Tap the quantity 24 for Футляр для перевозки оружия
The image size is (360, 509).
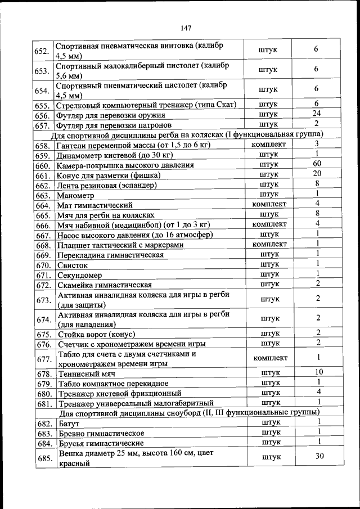click(317, 114)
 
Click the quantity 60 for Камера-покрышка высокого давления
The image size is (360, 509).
click(317, 164)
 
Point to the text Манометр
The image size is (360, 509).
click(75, 195)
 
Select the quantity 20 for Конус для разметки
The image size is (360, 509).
click(317, 174)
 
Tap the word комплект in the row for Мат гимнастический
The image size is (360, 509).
click(270, 204)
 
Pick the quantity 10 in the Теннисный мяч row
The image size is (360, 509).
click(318, 372)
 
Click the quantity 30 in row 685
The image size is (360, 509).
click(319, 457)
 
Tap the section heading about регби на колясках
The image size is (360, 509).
click(187, 134)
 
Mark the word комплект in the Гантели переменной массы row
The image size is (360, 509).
click(270, 145)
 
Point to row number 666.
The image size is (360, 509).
click(43, 225)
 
